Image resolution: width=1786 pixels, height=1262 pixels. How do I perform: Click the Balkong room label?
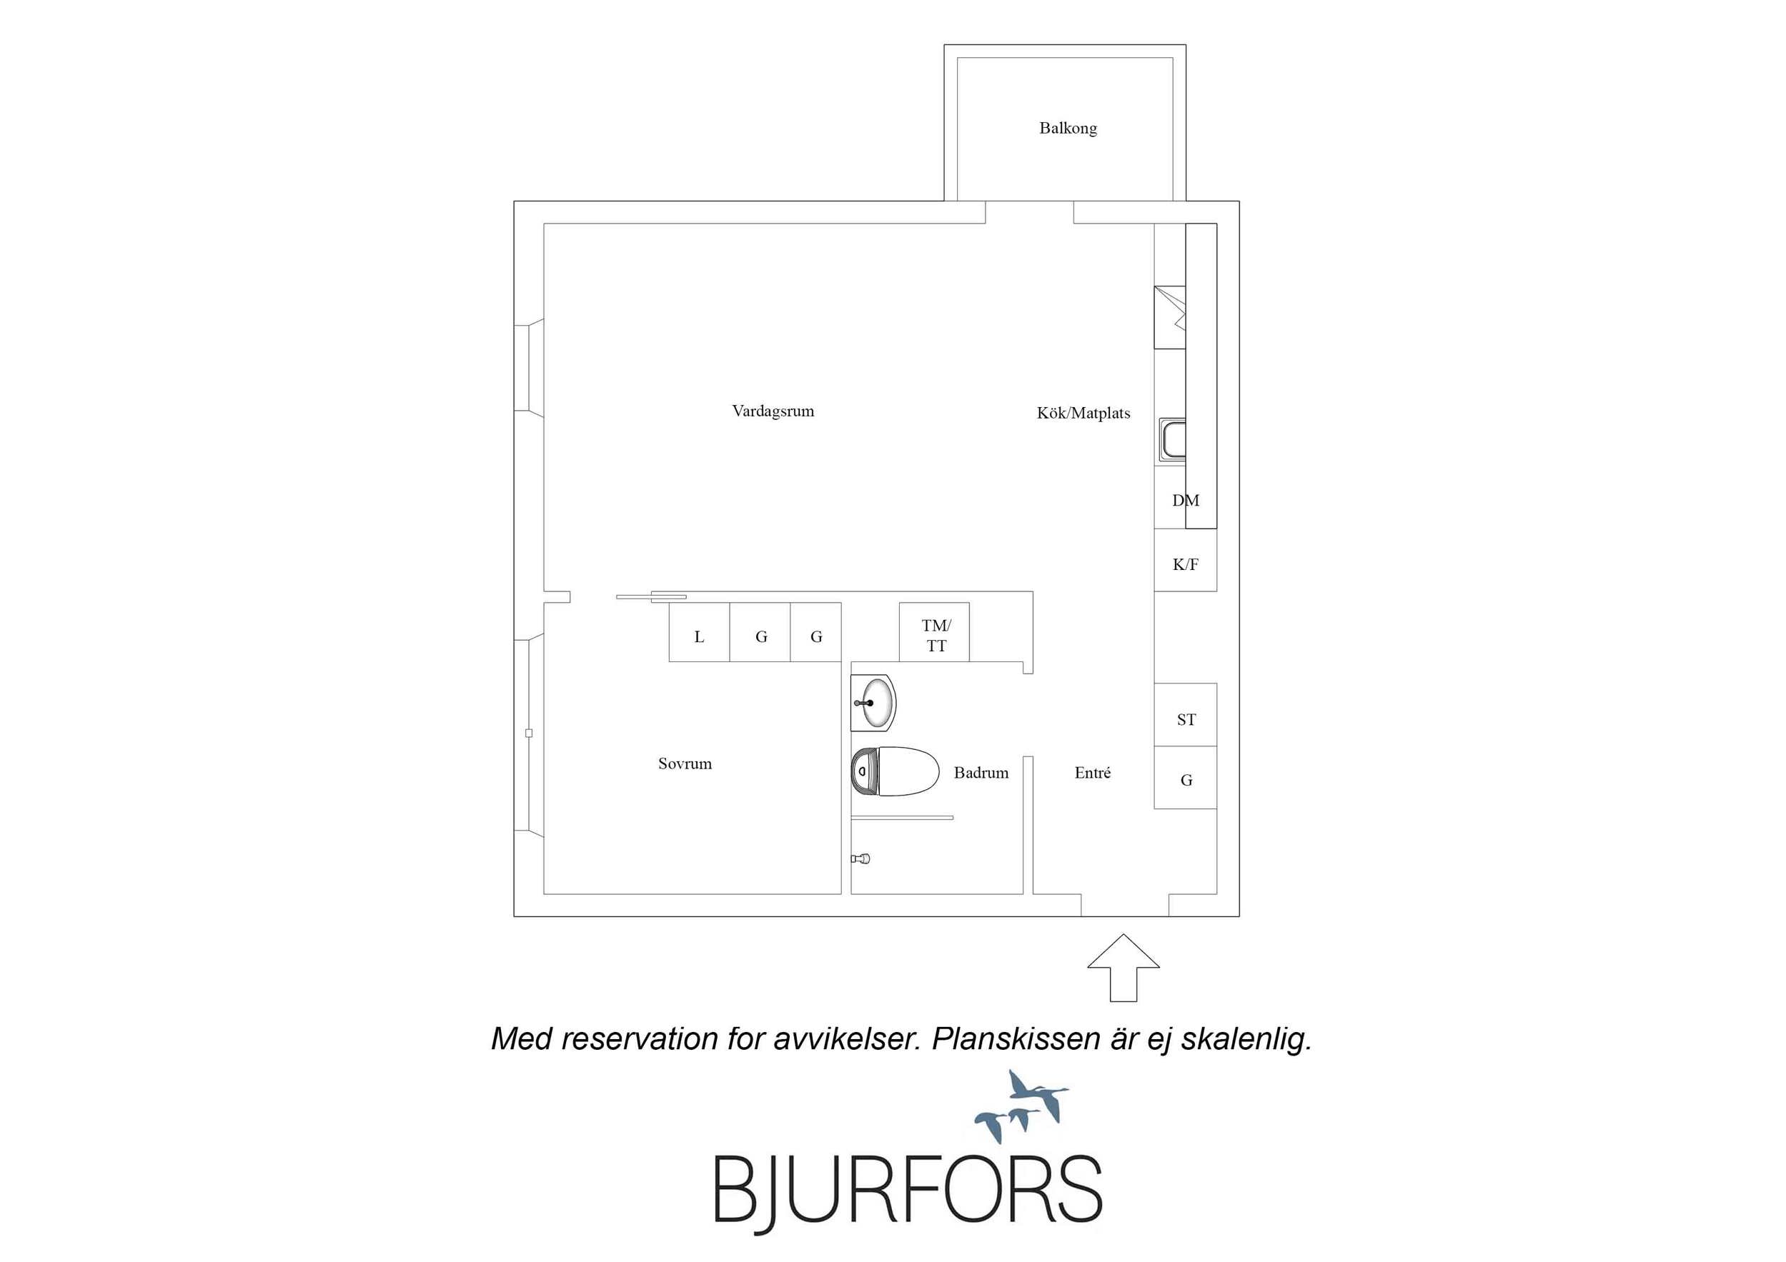[x=1068, y=129]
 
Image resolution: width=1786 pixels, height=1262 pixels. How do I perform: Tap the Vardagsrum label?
[x=773, y=411]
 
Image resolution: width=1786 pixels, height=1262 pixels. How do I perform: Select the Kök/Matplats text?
[x=1083, y=413]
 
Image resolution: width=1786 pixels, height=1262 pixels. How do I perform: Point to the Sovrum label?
[x=685, y=763]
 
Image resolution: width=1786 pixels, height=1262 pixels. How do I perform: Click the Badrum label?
[x=981, y=773]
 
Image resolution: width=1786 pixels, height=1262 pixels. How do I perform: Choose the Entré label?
[x=1092, y=773]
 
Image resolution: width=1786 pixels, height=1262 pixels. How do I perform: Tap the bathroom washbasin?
[x=873, y=703]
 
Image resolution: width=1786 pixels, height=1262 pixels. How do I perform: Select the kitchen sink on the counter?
[x=1172, y=441]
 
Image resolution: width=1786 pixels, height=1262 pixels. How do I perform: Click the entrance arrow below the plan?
[x=1123, y=966]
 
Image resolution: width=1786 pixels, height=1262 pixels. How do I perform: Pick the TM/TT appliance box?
[x=934, y=632]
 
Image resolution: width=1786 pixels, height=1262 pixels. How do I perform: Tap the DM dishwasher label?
[x=1186, y=501]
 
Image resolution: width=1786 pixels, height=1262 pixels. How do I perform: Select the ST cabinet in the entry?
[x=1186, y=715]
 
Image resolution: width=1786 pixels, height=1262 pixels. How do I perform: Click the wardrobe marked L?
[x=699, y=632]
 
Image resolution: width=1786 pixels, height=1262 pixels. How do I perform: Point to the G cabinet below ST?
[x=1186, y=778]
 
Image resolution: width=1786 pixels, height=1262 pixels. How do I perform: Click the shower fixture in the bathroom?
[x=860, y=858]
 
